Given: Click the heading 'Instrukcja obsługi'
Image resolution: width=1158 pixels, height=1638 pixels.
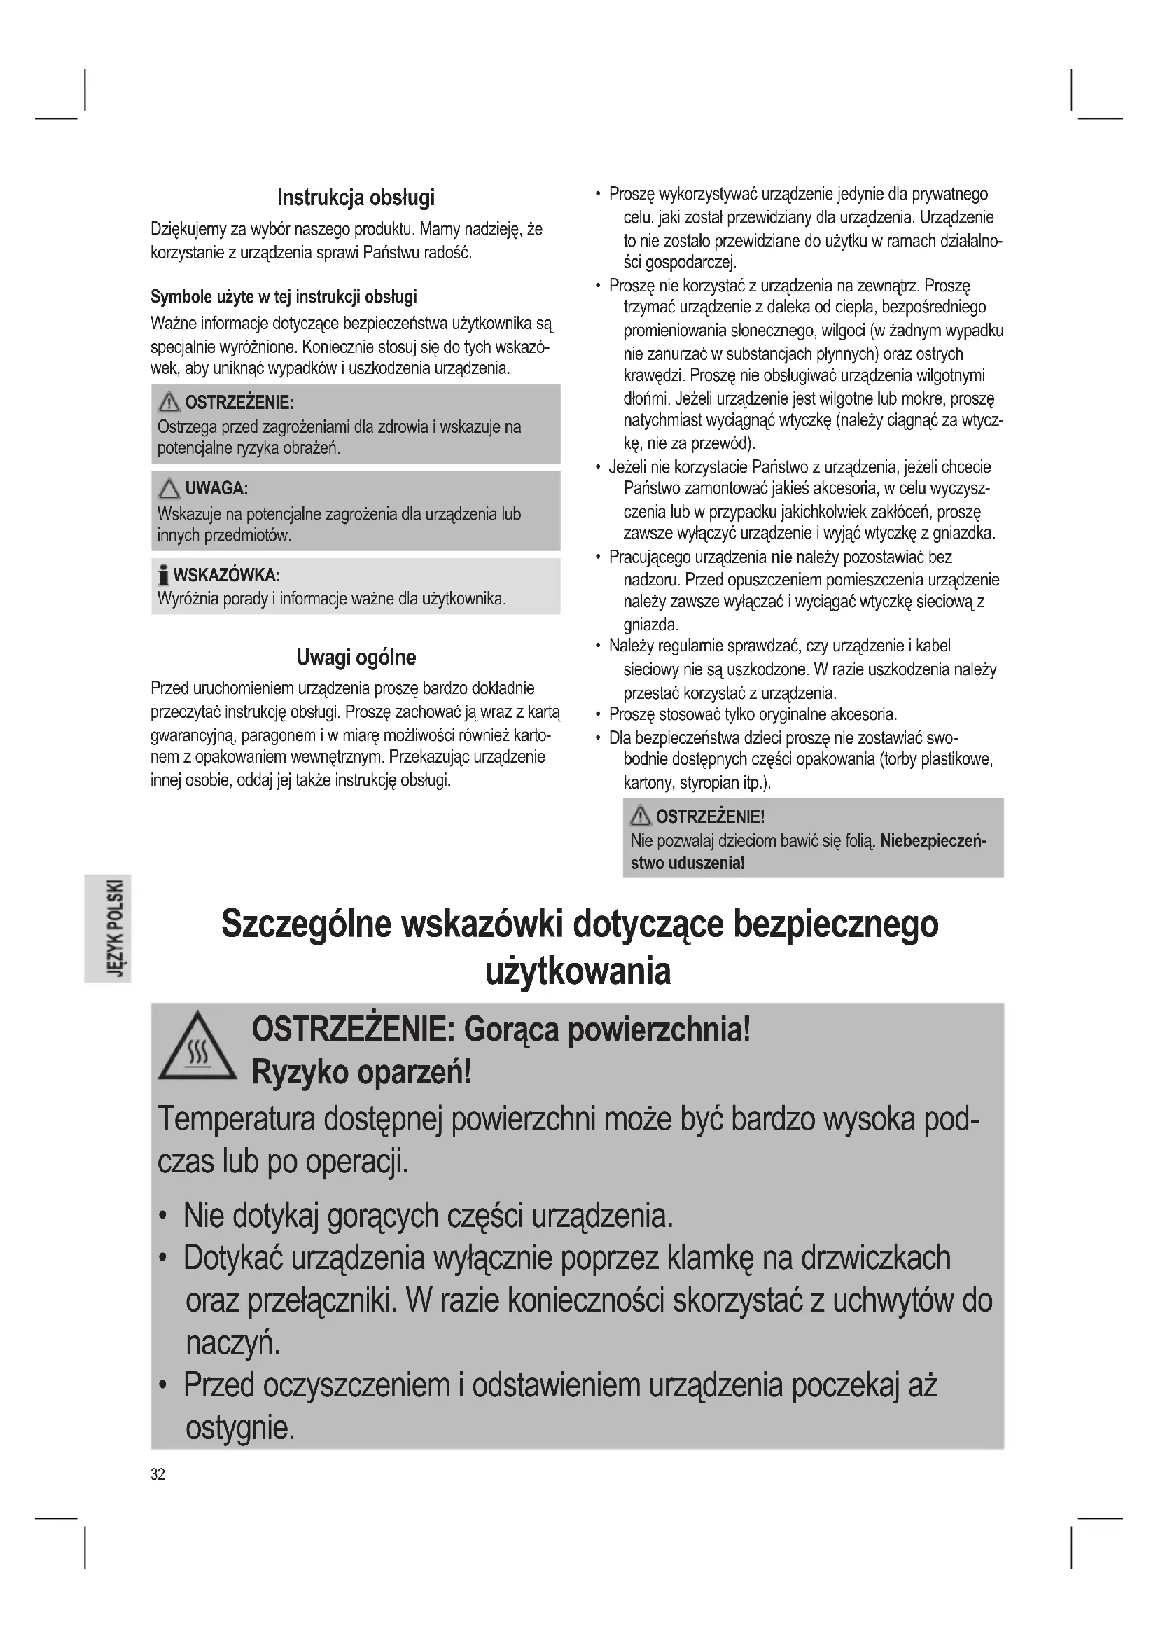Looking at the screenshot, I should pos(356,197).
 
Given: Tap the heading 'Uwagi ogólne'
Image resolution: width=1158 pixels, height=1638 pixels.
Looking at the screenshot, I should pos(356,657).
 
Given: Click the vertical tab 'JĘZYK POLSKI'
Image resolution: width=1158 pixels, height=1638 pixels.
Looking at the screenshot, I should pos(108,928).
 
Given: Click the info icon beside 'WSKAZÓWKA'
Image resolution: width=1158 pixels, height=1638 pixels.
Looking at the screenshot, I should pos(163,575).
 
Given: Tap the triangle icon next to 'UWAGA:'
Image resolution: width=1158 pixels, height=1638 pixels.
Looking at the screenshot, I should pos(169,489).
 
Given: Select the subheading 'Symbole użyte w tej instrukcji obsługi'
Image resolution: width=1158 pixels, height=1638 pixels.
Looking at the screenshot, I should pos(284,297).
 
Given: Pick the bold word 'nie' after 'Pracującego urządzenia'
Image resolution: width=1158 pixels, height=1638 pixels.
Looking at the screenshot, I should pos(781,557).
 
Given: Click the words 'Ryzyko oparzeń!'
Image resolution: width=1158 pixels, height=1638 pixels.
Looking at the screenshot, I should pos(361,1073).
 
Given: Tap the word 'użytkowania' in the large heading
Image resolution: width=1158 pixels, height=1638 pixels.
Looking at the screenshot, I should pos(578,971).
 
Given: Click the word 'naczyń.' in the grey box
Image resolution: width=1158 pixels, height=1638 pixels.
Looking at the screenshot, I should pos(233,1343).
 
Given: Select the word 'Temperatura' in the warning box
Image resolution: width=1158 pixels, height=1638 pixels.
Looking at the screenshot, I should pos(236,1119).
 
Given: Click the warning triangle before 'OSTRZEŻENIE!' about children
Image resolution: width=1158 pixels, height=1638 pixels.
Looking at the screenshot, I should pos(640,815).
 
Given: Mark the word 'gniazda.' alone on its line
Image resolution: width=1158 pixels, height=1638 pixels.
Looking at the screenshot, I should pos(650,625).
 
